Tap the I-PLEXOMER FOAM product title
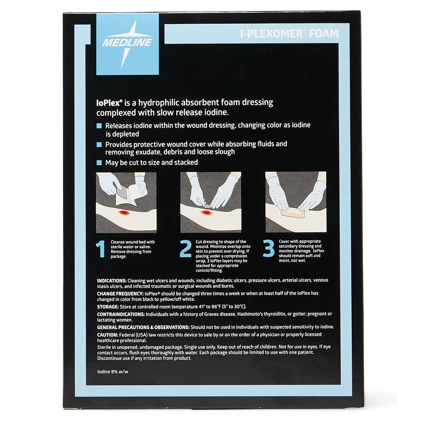[289, 34]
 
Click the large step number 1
[101, 249]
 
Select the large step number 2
[186, 248]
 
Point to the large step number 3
[269, 248]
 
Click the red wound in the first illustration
[124, 213]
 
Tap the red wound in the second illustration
[206, 213]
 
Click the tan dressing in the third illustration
[293, 213]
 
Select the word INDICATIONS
[112, 281]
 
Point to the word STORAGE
[108, 307]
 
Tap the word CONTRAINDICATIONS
[121, 314]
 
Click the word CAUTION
[107, 335]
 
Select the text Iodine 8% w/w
[113, 372]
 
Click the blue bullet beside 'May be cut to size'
[99, 163]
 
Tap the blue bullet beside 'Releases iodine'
[99, 126]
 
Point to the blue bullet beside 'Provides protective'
[99, 144]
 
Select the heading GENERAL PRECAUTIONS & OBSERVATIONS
[143, 327]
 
